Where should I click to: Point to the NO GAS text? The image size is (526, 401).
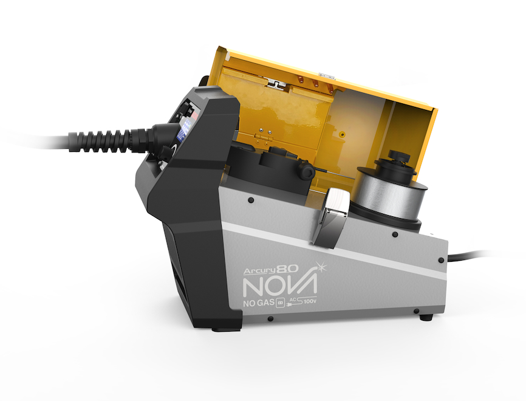pos(259,303)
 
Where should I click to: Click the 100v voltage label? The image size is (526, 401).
pos(310,301)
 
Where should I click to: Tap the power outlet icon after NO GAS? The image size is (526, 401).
pos(280,303)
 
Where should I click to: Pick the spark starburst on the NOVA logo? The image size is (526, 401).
pos(321,267)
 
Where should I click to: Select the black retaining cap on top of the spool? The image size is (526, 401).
pos(396,165)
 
